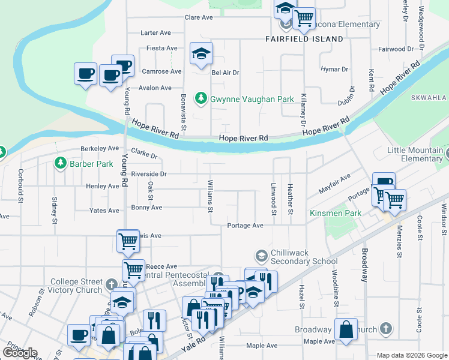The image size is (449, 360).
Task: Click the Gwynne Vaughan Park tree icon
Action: click(x=202, y=98)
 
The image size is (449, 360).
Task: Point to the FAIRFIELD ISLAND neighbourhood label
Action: click(x=304, y=39)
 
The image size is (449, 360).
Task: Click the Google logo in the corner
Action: click(x=20, y=353)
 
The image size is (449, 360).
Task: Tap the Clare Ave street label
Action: click(x=199, y=18)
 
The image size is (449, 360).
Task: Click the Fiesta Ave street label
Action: click(x=159, y=48)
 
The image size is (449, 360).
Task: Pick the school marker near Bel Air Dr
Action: click(x=202, y=53)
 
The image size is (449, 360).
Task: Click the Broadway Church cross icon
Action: click(x=385, y=329)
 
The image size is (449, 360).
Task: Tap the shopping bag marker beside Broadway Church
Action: click(x=346, y=330)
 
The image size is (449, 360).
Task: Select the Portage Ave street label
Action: click(x=246, y=226)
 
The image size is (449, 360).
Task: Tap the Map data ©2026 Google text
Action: click(x=411, y=355)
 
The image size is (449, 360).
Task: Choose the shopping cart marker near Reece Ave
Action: click(x=133, y=270)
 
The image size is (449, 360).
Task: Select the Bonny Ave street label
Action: click(x=147, y=208)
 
